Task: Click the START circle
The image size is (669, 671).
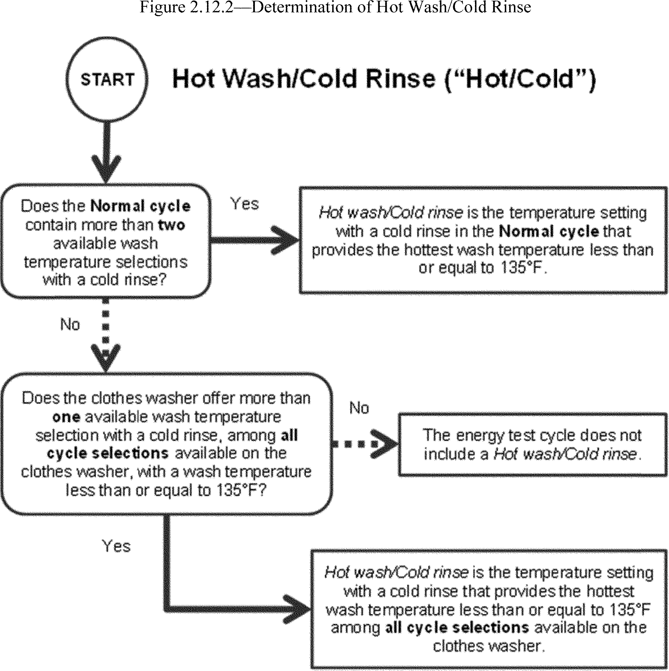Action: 107,80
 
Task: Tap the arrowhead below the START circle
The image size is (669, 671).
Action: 106,169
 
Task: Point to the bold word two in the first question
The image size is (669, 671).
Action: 172,225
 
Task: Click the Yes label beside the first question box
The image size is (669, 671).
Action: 245,204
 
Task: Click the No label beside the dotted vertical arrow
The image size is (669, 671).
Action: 70,324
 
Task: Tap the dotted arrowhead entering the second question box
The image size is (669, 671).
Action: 105,356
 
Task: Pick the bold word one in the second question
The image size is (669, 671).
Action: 66,417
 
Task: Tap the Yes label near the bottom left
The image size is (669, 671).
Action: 116,546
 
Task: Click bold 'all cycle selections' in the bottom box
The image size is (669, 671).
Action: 457,627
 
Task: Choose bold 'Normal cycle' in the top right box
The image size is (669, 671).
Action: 549,231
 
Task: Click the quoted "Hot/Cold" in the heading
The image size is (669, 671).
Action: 521,79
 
